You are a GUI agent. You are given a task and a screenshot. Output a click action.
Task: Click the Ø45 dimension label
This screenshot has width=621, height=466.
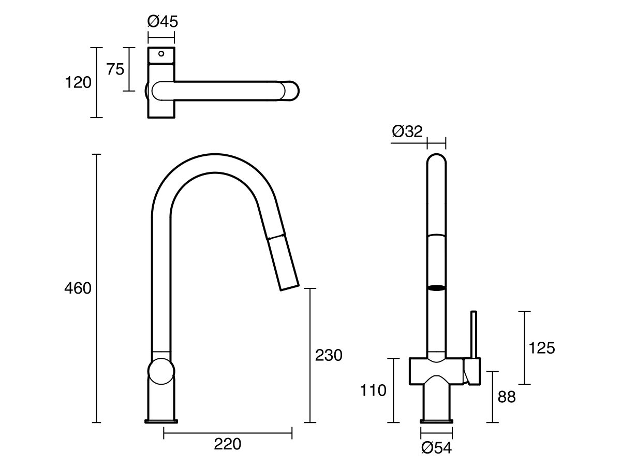tap(162, 22)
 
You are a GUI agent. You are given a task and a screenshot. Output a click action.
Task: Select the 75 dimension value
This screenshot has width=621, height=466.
tap(115, 69)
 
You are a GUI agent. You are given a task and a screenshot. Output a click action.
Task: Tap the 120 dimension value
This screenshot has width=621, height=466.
tap(78, 82)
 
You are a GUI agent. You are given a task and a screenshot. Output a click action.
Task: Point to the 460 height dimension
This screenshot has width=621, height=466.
tap(78, 288)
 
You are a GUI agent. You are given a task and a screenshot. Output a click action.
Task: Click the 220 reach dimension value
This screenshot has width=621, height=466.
tap(227, 444)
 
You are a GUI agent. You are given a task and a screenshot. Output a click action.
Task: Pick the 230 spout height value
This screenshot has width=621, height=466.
tap(329, 356)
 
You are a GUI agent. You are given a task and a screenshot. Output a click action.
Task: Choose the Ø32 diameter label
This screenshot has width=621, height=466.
tap(407, 131)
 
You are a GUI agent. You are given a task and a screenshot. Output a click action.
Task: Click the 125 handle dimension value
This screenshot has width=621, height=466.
tap(541, 348)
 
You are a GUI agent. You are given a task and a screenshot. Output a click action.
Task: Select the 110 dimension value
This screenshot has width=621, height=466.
tap(374, 390)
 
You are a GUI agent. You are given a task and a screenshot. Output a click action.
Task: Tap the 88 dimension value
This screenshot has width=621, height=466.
tap(507, 397)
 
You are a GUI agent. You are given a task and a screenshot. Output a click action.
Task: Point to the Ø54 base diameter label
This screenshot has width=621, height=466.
tap(436, 448)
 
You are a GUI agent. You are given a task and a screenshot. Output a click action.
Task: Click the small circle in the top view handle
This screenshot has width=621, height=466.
tap(161, 53)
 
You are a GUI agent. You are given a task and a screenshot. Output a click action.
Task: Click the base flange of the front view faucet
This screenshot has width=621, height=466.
tap(436, 420)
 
